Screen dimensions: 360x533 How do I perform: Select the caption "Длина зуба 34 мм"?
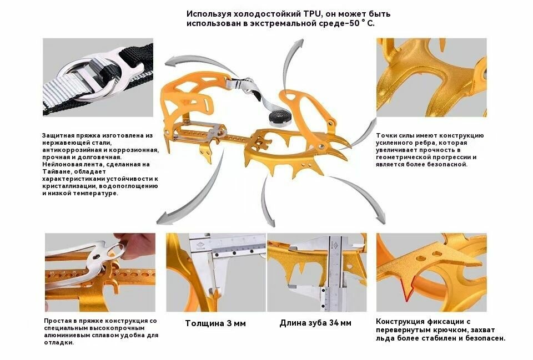click(315, 323)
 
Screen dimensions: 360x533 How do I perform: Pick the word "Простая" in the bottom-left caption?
click(58, 321)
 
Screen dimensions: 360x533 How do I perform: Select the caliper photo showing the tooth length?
click(316, 272)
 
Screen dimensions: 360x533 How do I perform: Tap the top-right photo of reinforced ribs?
click(431, 77)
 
